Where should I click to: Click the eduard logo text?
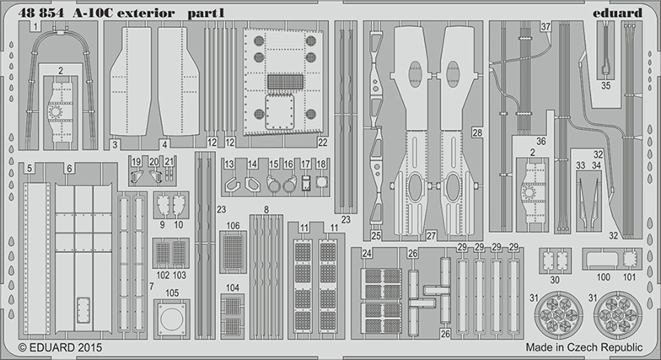point(617,13)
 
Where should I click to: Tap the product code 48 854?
point(40,13)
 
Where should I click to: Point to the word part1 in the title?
point(206,13)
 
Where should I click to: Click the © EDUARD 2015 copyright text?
point(61,347)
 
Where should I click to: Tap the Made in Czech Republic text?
point(583,347)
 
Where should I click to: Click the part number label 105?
point(172,293)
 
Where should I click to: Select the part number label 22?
point(322,142)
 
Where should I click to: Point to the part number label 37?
point(546,27)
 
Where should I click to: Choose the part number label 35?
point(605,86)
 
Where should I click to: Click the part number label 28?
point(477,133)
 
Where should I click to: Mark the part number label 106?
point(233,226)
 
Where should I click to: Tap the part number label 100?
point(604,277)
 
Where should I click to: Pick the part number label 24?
point(367,253)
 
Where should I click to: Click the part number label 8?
point(266,209)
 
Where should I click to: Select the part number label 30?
point(555,280)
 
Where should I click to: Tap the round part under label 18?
point(321,183)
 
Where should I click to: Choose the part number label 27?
point(431,236)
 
